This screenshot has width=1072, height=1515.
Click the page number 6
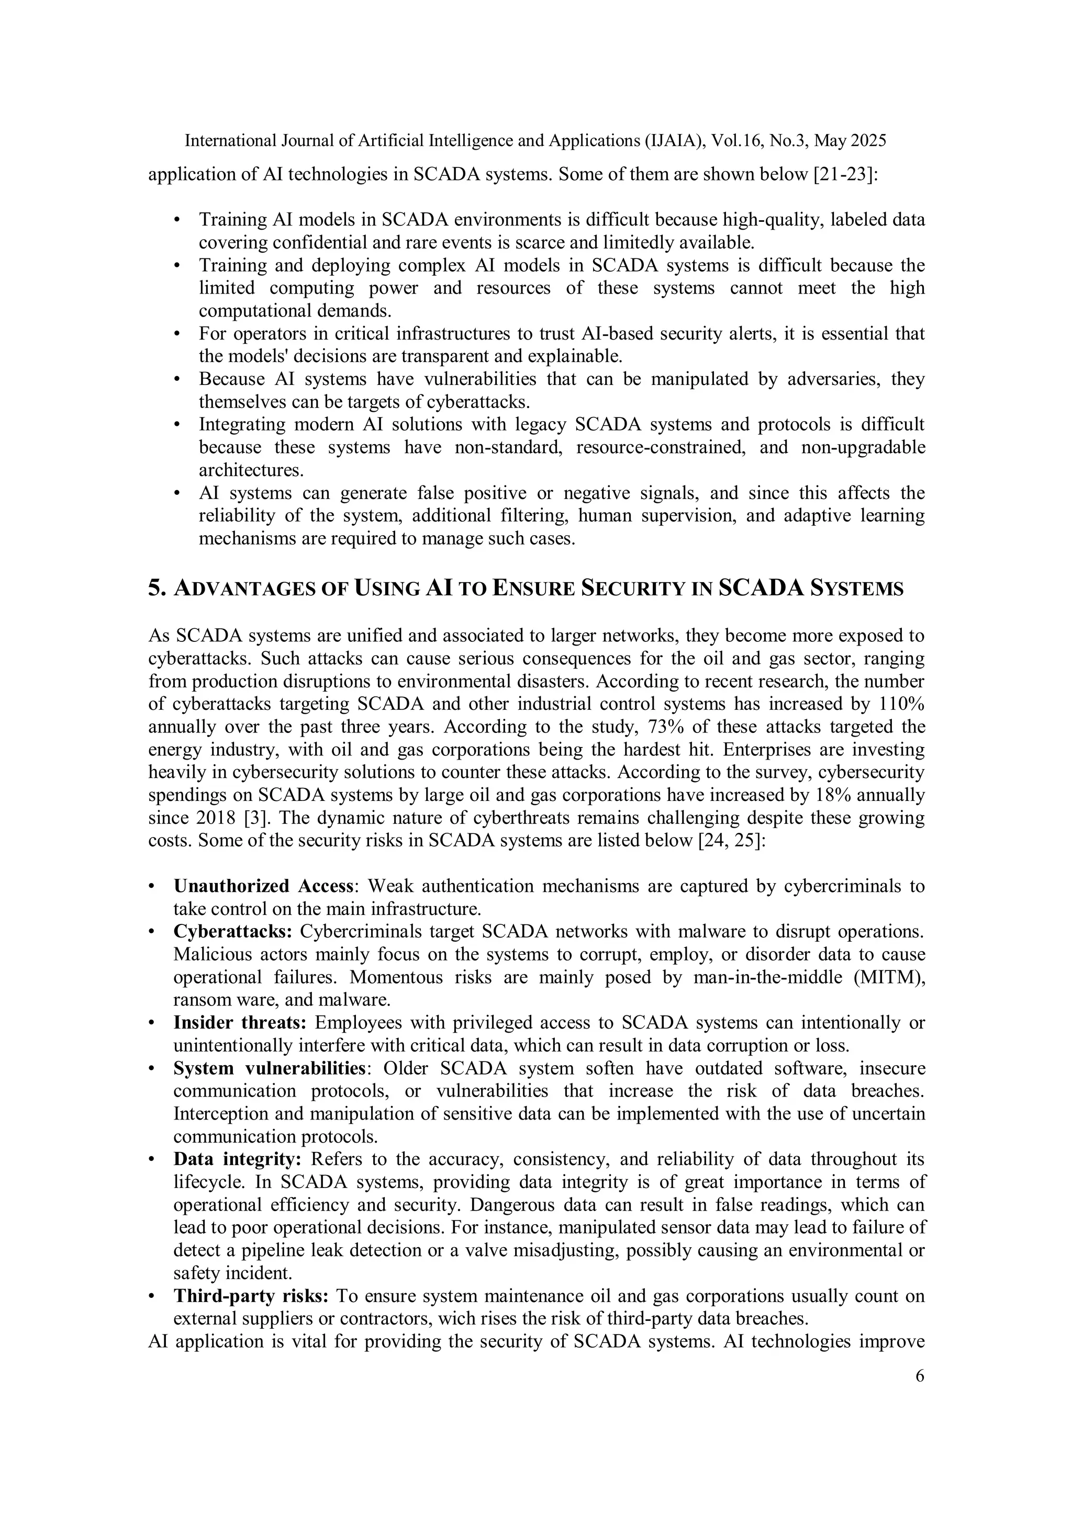[x=920, y=1376]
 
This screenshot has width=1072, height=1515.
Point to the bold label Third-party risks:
[x=251, y=1296]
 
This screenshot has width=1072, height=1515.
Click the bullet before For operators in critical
[x=176, y=334]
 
